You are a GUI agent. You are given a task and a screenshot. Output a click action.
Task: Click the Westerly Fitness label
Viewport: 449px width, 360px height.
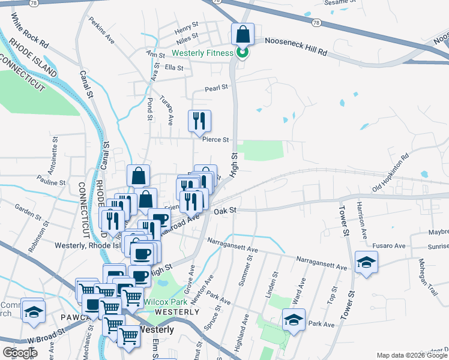point(206,53)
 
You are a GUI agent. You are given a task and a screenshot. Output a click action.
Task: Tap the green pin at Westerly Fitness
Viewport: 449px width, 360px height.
point(242,53)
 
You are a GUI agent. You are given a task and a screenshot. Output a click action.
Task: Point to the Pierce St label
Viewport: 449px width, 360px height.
point(216,140)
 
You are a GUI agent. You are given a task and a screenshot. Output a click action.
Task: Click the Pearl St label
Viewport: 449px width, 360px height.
point(217,87)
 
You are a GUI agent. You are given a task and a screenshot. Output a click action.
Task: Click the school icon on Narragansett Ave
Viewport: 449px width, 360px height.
point(366,262)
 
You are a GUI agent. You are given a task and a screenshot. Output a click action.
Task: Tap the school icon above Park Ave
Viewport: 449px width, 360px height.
point(294,320)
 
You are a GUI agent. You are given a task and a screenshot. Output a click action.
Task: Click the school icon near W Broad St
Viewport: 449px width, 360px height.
point(34,312)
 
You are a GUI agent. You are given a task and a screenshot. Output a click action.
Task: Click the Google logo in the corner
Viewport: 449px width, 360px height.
point(20,353)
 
